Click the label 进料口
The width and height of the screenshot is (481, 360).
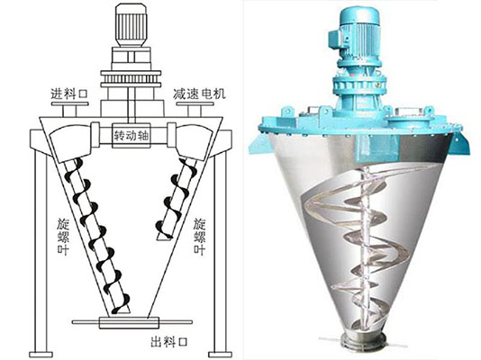pyautogui.click(x=69, y=94)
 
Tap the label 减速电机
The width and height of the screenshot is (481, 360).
pyautogui.click(x=199, y=94)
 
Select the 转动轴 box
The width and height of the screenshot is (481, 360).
pyautogui.click(x=131, y=135)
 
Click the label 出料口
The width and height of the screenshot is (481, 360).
pyautogui.click(x=169, y=342)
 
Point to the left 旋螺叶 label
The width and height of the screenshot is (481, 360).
pyautogui.click(x=63, y=237)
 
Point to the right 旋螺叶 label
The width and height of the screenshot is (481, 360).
pyautogui.click(x=200, y=237)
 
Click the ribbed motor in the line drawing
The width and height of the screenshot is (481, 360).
pyautogui.click(x=131, y=25)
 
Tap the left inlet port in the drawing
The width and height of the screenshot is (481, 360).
pyautogui.click(x=69, y=109)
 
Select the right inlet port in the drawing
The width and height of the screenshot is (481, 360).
pyautogui.click(x=195, y=109)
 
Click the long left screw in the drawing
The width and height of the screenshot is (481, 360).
pyautogui.click(x=96, y=237)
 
